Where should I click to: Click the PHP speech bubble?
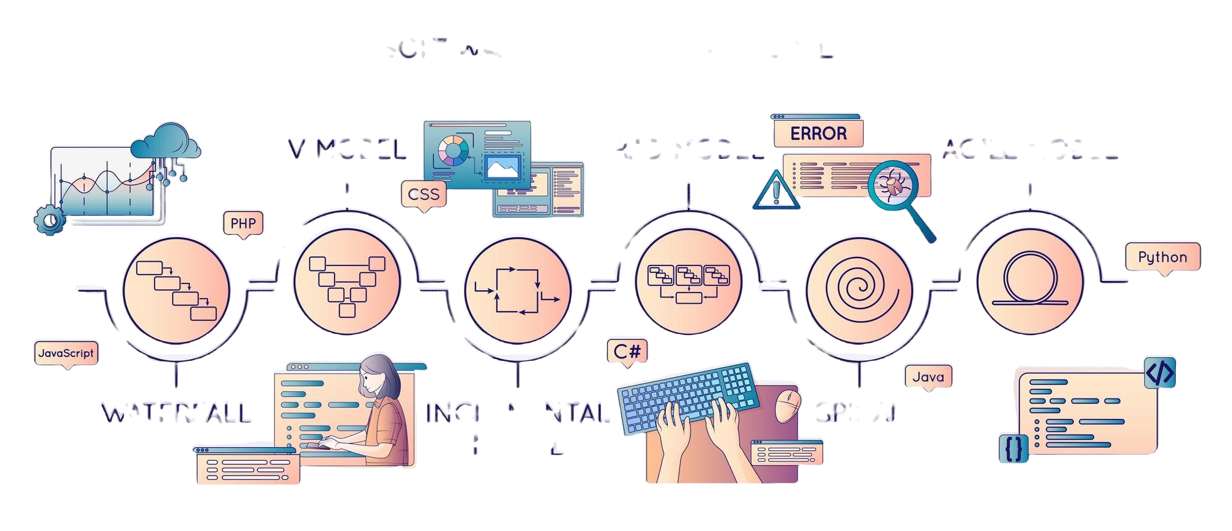[242, 222]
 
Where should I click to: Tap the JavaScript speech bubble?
[66, 353]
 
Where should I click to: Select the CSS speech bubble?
[424, 194]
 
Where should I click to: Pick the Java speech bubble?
[928, 376]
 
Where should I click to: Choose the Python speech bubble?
[1162, 257]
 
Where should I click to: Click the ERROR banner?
[818, 133]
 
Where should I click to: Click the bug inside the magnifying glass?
[892, 182]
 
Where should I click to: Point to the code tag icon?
[1160, 371]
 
